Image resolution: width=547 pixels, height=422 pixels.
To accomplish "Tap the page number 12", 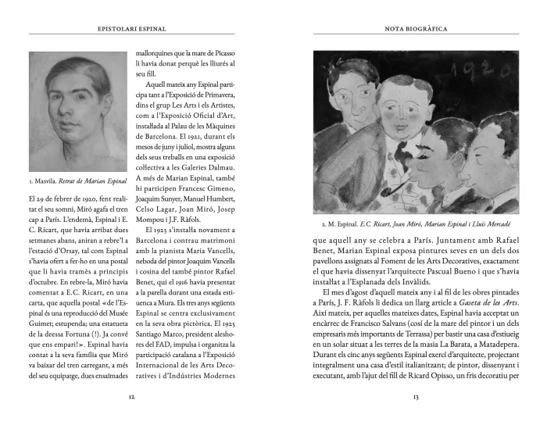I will click(131, 396).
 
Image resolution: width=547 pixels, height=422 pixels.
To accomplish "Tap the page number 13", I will click(416, 396).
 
